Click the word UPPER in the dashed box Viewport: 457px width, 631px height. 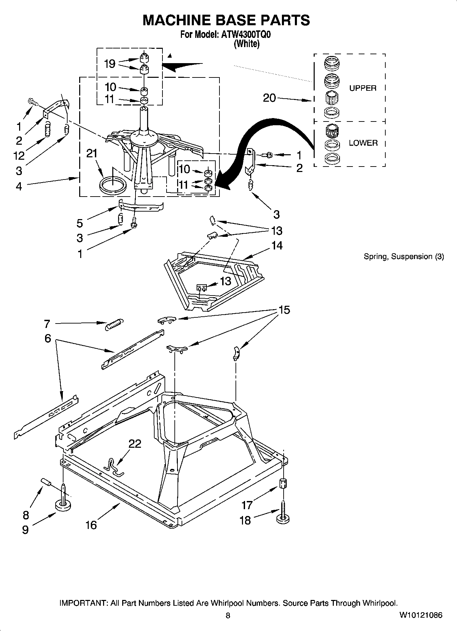point(362,88)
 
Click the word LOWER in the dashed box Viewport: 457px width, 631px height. point(363,143)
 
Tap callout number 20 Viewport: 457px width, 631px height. point(269,98)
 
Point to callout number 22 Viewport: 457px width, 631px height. point(135,444)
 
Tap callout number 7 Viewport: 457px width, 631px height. point(47,324)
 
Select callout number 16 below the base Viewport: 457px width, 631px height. point(91,525)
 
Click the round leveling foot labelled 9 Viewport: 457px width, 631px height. point(63,506)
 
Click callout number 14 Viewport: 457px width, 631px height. point(277,245)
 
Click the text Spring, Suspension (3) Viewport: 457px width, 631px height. point(403,257)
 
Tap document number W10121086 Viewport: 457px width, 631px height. point(421,615)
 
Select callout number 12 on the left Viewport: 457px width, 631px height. point(19,156)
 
